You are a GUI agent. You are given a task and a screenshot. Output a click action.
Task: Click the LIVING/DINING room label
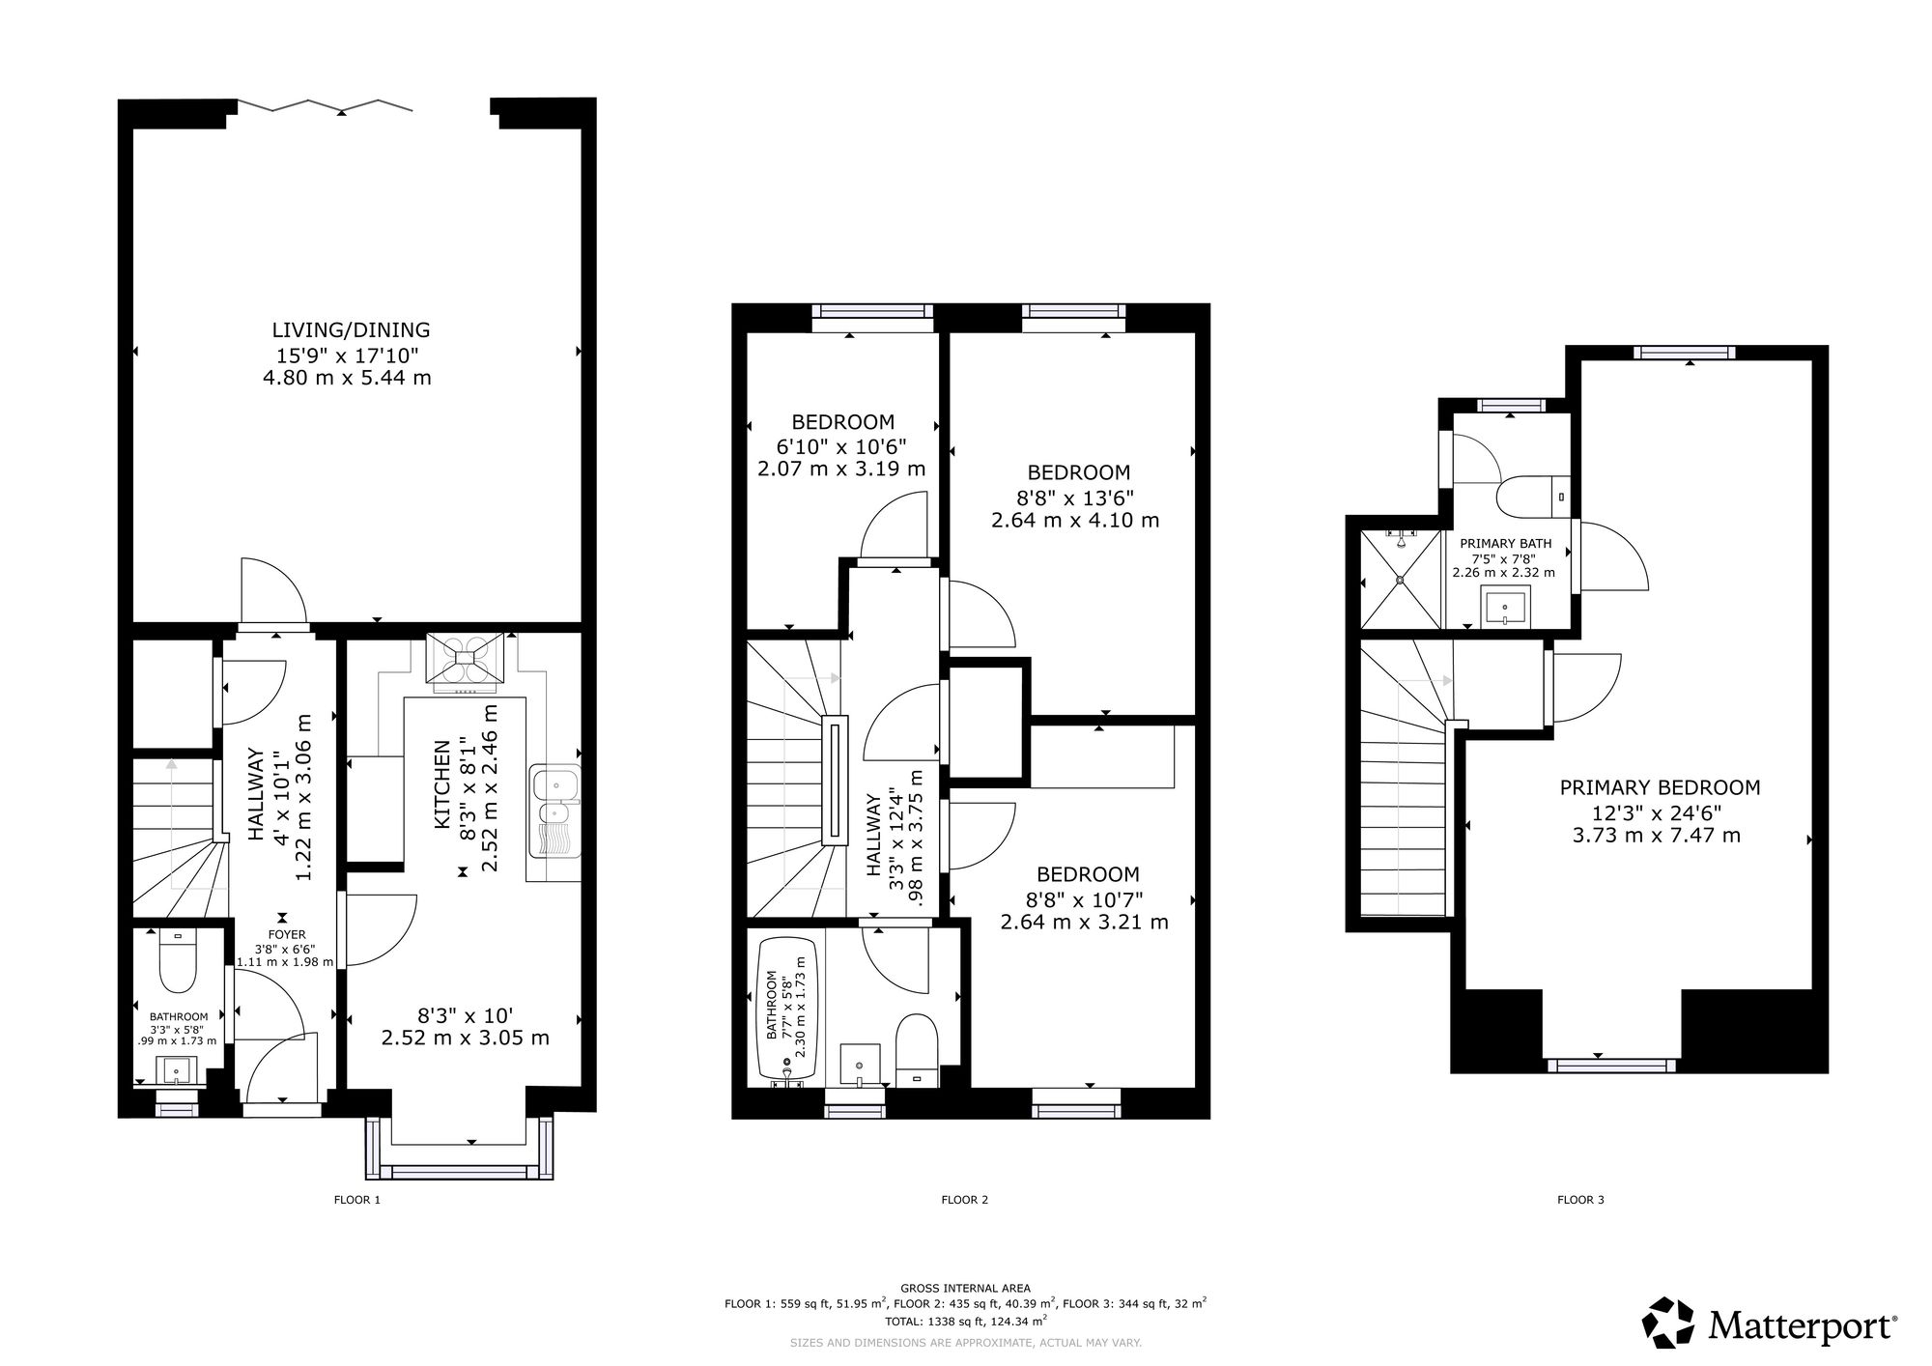tap(351, 330)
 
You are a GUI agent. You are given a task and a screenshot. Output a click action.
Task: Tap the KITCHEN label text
tap(442, 783)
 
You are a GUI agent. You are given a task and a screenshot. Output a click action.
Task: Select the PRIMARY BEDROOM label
tap(1660, 787)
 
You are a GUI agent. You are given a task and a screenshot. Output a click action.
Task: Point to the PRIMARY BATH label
tap(1505, 544)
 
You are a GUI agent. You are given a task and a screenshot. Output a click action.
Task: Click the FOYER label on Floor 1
tap(287, 935)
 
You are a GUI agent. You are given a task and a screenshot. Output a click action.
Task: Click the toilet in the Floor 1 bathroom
tap(177, 961)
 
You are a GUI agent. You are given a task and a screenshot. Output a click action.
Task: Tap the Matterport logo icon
tap(1669, 1323)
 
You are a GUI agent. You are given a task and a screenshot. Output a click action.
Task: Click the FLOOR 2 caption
tap(964, 1201)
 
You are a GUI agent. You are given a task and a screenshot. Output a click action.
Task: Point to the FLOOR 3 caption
tap(1580, 1201)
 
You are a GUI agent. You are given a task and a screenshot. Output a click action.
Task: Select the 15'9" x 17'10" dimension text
tap(348, 355)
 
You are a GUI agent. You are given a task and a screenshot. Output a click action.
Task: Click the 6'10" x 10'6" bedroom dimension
tap(841, 446)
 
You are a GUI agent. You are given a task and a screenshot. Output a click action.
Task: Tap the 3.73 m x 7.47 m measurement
tap(1657, 835)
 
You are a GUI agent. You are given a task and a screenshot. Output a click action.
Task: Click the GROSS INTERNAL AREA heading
tap(965, 1288)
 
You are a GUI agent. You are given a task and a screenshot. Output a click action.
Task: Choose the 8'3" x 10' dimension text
tap(465, 1015)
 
